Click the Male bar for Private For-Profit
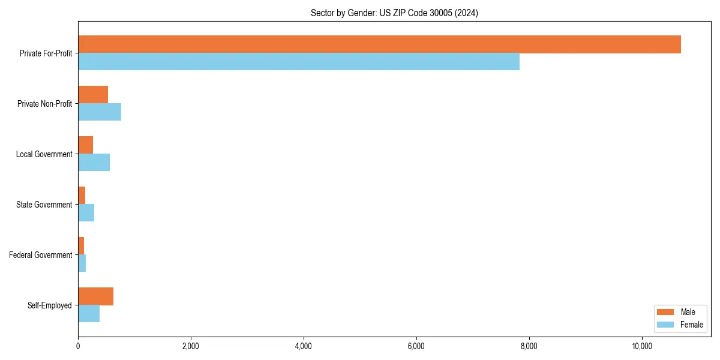(379, 44)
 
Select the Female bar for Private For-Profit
(299, 62)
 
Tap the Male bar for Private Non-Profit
(93, 95)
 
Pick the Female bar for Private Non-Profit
(100, 112)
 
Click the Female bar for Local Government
(94, 163)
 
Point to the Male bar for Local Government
(85, 145)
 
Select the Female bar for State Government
(86, 213)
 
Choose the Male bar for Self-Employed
(95, 296)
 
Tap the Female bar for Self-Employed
(89, 314)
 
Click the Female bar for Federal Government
(82, 263)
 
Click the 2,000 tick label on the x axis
(191, 346)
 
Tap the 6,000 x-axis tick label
(416, 346)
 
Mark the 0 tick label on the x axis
(78, 346)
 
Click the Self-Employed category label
(50, 305)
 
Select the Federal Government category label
(41, 255)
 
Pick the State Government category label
(44, 205)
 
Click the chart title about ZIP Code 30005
(394, 13)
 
